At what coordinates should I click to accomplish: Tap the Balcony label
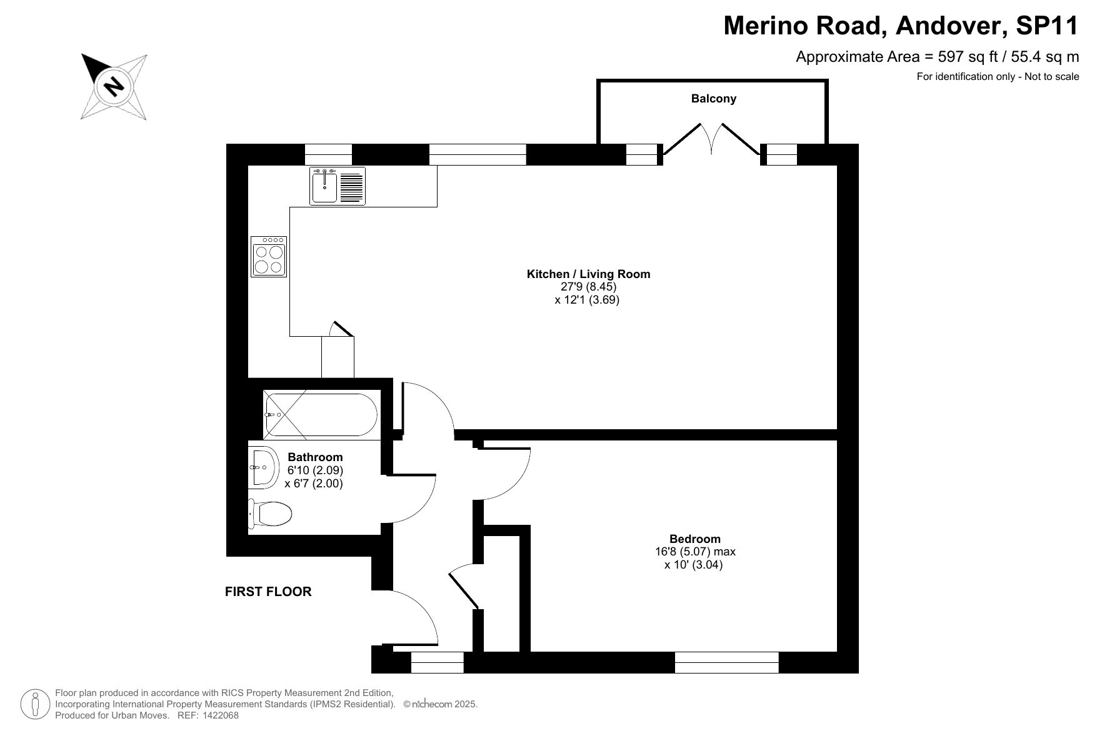pos(713,99)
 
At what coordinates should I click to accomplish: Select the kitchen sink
pos(338,186)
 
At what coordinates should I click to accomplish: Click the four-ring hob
pos(269,256)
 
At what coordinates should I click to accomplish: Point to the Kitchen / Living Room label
pos(588,274)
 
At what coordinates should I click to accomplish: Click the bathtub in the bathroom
pos(321,414)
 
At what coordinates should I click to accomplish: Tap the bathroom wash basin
pos(263,467)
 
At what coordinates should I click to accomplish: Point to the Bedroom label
pos(694,539)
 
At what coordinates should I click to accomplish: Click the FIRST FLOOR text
pos(268,592)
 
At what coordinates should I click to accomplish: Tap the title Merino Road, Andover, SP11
pos(901,26)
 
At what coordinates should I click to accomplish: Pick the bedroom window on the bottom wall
pos(727,662)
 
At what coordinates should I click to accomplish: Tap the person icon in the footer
pos(36,704)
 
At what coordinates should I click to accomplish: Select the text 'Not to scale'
pos(1052,77)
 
